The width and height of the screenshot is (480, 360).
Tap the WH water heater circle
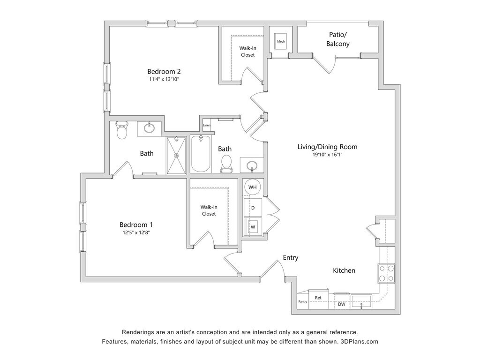pos(253,187)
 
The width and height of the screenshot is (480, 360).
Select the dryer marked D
pos(253,207)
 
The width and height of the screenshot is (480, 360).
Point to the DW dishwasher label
pos(342,304)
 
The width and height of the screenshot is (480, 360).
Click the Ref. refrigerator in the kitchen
pos(319,297)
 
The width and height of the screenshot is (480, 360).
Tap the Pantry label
pos(303,301)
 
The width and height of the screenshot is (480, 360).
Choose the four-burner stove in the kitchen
pos(386,273)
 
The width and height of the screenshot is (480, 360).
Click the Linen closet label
pos(207,125)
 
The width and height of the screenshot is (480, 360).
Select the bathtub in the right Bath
pos(201,154)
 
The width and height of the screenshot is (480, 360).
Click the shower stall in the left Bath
pos(176,155)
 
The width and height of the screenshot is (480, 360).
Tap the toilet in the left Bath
pos(122,131)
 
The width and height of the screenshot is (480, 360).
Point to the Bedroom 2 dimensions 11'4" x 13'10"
pos(164,80)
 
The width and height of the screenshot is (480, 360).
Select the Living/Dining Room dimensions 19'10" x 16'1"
pos(327,155)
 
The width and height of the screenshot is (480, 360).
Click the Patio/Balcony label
pos(338,39)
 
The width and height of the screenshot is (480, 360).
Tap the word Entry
pos(291,258)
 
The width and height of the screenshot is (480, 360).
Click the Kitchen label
pos(344,270)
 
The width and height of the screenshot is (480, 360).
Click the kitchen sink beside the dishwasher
pos(361,301)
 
